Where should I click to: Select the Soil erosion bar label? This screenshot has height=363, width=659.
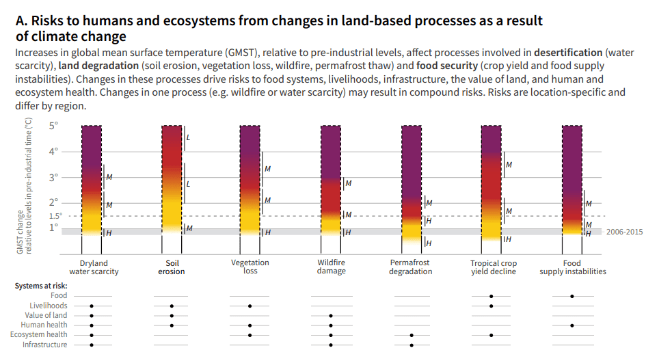171,267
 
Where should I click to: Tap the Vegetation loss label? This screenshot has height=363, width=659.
250,267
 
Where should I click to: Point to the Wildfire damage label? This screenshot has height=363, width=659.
331,267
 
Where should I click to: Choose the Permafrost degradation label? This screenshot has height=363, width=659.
410,267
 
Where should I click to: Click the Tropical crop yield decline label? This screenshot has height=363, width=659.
493,267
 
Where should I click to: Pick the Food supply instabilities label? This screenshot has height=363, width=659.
572,267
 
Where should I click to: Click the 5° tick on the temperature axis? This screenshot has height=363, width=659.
54,126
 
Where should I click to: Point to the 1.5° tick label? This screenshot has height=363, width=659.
55,216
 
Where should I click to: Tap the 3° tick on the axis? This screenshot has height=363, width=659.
54,177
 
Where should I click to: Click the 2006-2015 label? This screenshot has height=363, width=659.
624,232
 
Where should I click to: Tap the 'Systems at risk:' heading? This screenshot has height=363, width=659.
41,286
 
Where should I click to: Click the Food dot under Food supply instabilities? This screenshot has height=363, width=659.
572,296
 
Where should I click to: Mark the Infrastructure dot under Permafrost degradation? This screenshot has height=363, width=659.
412,345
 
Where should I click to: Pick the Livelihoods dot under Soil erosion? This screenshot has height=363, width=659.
172,306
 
